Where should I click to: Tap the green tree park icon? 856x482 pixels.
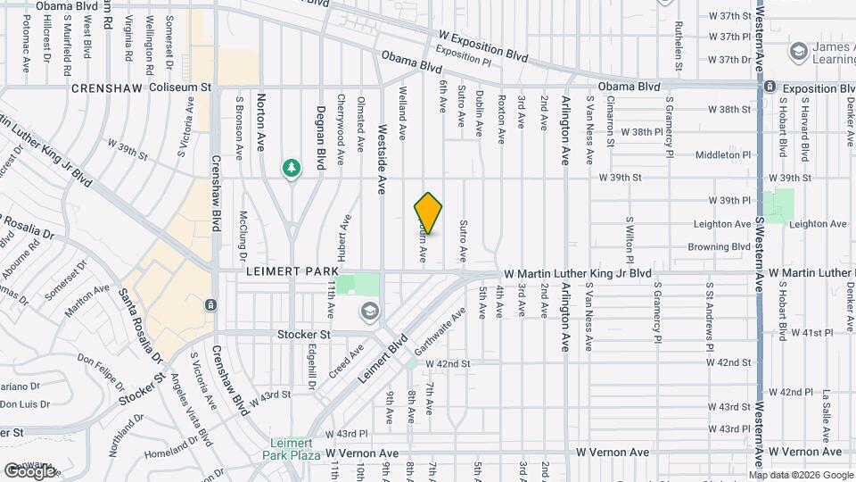[292, 168]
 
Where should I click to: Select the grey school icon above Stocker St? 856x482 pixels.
[368, 312]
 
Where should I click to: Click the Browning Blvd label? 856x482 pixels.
[719, 247]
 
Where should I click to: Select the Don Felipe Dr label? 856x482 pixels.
[100, 368]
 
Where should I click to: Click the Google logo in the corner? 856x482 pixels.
[30, 470]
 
